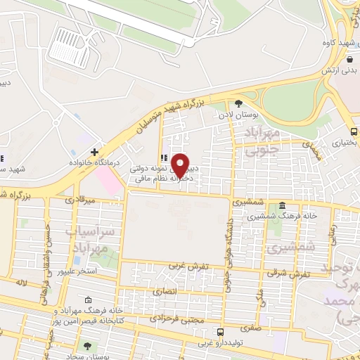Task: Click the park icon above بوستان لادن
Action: tap(238, 103)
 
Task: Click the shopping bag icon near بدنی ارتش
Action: tap(349, 59)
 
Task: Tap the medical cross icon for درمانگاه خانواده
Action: tap(94, 152)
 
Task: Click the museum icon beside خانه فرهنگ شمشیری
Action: tap(282, 206)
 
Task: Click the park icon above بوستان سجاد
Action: tap(87, 345)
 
